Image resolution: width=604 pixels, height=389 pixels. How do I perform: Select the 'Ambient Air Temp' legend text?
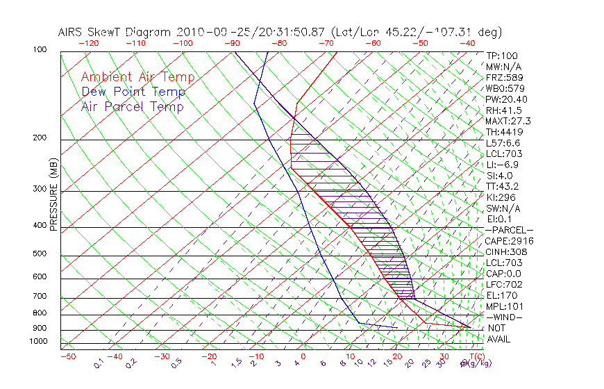pos(137,77)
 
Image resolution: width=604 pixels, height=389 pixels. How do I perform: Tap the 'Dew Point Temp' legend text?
pos(133,92)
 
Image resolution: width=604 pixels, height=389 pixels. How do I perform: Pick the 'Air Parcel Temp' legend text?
pos(132,106)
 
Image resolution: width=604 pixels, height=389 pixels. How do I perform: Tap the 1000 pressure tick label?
pos(39,341)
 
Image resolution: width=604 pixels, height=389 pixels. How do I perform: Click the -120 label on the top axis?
pos(88,42)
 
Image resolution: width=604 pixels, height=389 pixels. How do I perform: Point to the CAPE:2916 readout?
pos(509,241)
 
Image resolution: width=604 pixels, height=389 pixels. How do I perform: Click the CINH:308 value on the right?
pos(506,252)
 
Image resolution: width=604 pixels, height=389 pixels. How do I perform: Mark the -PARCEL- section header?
pos(509,230)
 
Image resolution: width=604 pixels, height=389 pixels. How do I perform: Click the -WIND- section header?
pos(505,317)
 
